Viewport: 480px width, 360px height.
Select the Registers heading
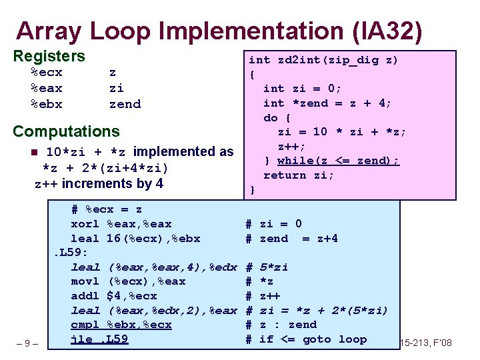pyautogui.click(x=49, y=56)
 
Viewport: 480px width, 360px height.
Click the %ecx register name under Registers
pyautogui.click(x=47, y=73)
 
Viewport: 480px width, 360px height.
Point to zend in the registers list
pyautogui.click(x=125, y=104)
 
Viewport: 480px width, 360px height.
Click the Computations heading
pyautogui.click(x=66, y=131)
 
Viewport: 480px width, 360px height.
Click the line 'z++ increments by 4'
pyautogui.click(x=99, y=183)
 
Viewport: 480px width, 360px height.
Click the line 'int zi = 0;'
pyautogui.click(x=303, y=88)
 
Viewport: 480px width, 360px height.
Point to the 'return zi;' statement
pyautogui.click(x=299, y=175)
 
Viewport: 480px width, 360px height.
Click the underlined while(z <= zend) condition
pyautogui.click(x=338, y=161)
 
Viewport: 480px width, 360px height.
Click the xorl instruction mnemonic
pyautogui.click(x=85, y=224)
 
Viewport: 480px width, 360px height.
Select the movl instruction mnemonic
pyautogui.click(x=85, y=281)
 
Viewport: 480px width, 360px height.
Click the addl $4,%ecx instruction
pyautogui.click(x=114, y=296)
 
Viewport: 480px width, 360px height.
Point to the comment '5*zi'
pyautogui.click(x=273, y=267)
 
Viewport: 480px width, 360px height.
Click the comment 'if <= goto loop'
pyautogui.click(x=313, y=339)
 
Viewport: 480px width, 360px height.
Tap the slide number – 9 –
pyautogui.click(x=28, y=344)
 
